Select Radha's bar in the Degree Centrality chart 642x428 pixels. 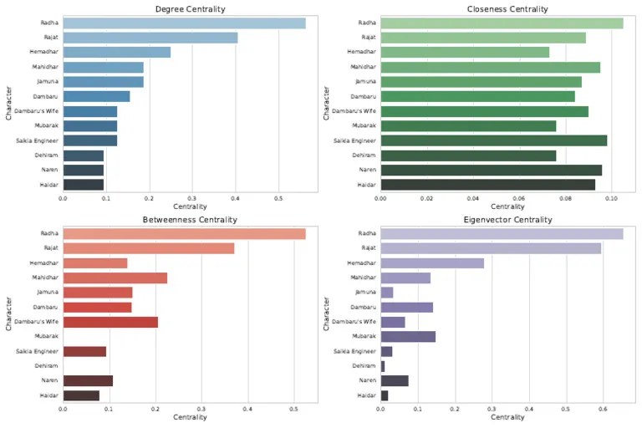coord(184,23)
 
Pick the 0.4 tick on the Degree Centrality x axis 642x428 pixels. coord(235,198)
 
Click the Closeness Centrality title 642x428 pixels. coord(507,8)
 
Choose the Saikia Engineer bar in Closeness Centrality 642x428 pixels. coord(493,140)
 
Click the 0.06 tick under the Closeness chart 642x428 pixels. coord(519,198)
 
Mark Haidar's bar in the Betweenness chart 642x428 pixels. coord(81,395)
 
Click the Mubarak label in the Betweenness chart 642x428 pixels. coord(47,337)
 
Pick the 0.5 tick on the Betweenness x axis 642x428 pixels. coord(293,409)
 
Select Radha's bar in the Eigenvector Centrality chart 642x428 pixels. coord(502,234)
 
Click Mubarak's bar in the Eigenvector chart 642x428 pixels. coord(408,337)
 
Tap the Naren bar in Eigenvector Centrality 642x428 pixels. coord(395,380)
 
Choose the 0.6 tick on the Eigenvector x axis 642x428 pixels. coord(602,409)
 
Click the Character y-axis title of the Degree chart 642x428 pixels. coord(8,104)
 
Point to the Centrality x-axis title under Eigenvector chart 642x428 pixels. coord(507,417)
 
